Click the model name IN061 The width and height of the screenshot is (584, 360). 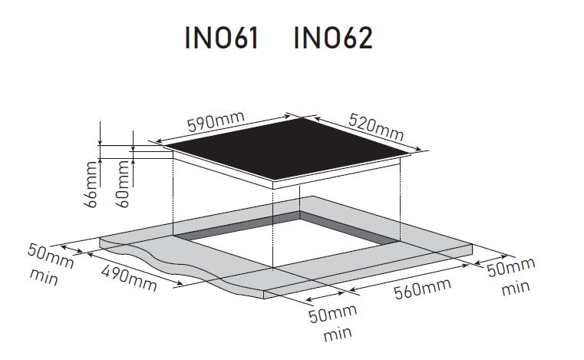pos(223,38)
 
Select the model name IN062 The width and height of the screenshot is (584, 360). pos(333,38)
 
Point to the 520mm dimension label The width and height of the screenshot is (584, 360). pos(375,127)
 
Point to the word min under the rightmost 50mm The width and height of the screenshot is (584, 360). pos(515,289)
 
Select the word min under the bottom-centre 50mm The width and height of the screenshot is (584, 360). pos(338,334)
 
